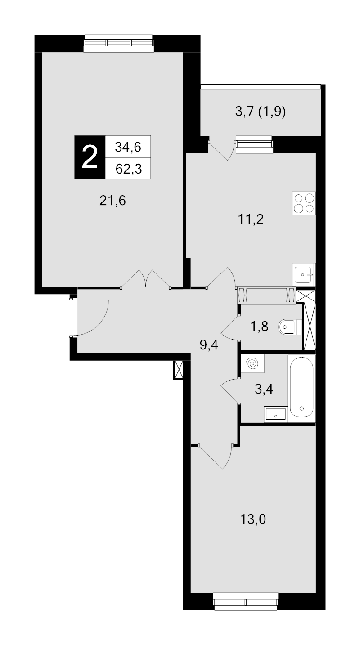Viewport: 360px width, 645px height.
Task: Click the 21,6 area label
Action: tap(112, 201)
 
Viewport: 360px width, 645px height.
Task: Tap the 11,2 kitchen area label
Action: tap(251, 220)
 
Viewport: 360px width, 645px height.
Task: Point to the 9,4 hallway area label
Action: tap(209, 345)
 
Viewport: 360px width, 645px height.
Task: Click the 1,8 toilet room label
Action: tap(260, 327)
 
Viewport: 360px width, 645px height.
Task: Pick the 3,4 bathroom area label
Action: tap(264, 390)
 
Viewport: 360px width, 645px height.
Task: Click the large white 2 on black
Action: tap(90, 157)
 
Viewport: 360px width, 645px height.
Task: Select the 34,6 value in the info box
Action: tap(128, 147)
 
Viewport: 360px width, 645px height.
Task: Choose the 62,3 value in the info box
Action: tap(129, 169)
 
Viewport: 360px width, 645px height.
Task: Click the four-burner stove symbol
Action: tap(304, 203)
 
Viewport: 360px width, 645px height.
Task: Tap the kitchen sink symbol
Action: tap(304, 274)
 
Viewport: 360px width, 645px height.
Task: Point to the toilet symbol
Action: tap(290, 327)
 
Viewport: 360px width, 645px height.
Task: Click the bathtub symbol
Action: tap(301, 386)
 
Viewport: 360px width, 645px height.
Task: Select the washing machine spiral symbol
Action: tap(252, 363)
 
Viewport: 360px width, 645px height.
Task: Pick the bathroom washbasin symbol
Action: tap(276, 414)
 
